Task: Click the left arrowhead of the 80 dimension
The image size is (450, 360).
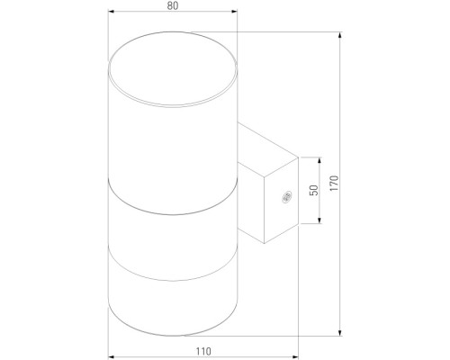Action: click(112, 13)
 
